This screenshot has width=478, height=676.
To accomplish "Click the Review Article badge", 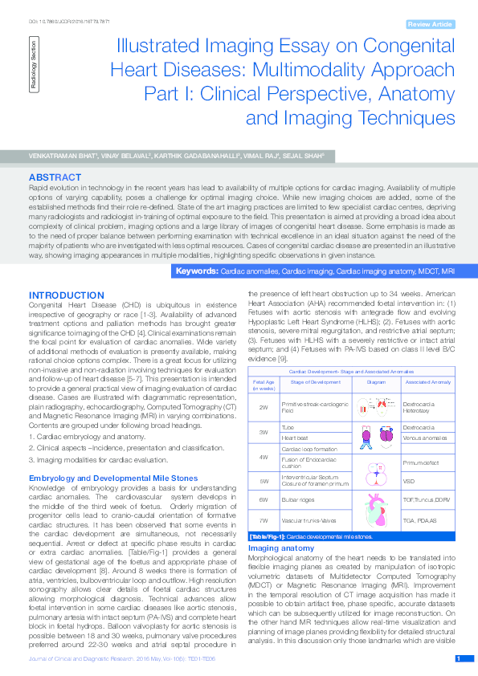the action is tap(430, 25).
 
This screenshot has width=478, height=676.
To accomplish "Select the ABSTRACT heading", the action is tap(54, 176).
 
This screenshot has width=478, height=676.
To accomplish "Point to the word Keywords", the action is tap(197, 271).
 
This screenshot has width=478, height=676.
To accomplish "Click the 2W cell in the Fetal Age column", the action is tap(264, 408).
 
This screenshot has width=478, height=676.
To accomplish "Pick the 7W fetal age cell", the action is tap(264, 520).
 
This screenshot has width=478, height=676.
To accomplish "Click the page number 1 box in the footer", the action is tap(460, 658).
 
